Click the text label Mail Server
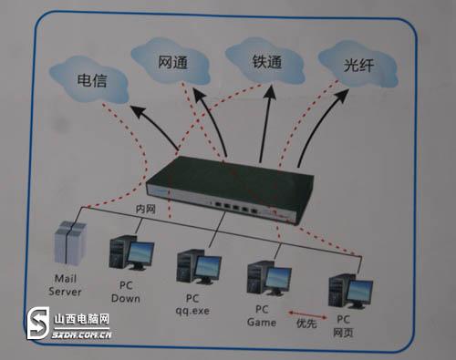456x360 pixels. pyautogui.click(x=67, y=286)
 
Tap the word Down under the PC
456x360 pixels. pyautogui.click(x=126, y=298)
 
